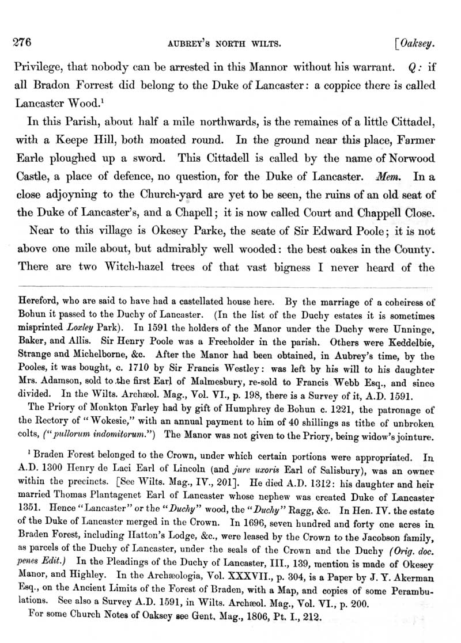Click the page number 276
(21, 41)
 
